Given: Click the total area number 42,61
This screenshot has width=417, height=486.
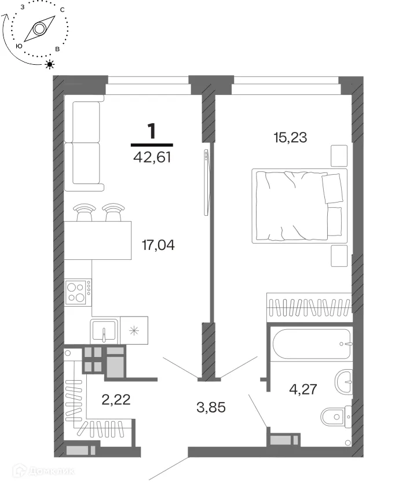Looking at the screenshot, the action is (152, 157).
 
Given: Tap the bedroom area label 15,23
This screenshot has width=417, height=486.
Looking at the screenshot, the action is (290, 137).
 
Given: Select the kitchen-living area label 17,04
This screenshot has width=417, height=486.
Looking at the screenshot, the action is (158, 245).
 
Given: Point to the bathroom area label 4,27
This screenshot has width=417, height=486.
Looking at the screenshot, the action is (303, 389).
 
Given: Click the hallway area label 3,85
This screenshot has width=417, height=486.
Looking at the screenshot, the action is (211, 407).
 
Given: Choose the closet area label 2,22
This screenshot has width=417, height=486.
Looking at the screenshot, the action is (116, 400).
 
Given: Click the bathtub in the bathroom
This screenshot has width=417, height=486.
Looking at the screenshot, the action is (312, 344).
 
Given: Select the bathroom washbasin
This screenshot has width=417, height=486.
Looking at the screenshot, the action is (344, 382).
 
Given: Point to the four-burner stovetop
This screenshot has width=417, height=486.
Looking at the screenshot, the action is (78, 292).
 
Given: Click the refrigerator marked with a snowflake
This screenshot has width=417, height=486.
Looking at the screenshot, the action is (134, 330).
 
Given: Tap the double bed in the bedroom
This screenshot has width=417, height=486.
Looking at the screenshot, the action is (299, 206).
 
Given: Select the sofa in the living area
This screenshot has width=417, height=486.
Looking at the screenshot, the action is (84, 143).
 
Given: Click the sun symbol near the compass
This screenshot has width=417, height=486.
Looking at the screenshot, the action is (50, 64).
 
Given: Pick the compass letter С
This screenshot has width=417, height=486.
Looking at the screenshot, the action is (63, 10).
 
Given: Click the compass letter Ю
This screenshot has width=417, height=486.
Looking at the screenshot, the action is (19, 46).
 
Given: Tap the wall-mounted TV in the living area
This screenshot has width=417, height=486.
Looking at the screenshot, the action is (206, 182).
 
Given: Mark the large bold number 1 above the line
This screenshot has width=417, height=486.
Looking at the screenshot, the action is (152, 131).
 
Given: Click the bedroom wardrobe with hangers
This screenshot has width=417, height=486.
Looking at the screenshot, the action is (309, 307).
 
